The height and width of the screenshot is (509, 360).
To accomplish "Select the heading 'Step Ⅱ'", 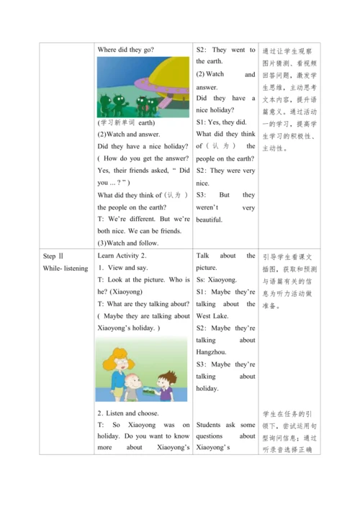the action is tap(54, 256).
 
